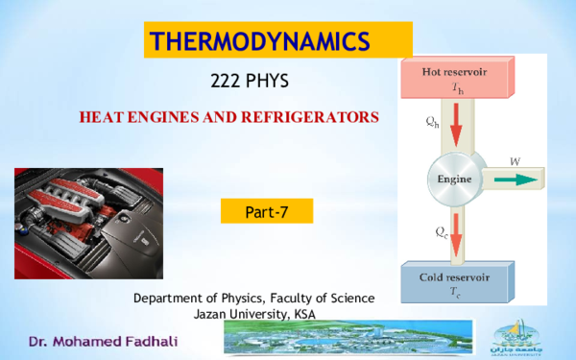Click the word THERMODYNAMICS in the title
260,41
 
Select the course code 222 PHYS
249,84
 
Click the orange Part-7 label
267,210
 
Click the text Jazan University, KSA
254,314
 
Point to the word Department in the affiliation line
169,299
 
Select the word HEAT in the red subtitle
100,117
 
